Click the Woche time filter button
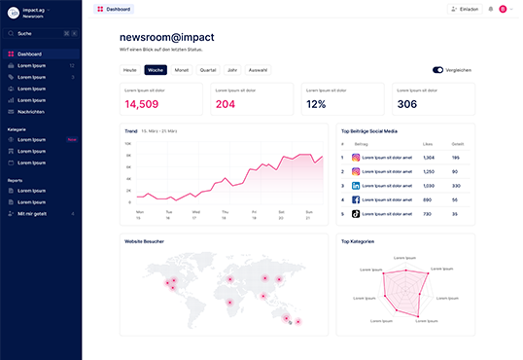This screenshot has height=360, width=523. point(156,70)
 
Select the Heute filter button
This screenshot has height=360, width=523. point(129,70)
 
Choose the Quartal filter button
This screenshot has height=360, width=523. point(208,70)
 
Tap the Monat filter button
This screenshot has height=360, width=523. point(182,70)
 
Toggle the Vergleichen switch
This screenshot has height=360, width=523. point(438,70)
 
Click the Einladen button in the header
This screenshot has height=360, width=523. point(465,9)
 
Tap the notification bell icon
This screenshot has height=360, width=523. point(491,9)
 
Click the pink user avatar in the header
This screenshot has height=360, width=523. point(503,9)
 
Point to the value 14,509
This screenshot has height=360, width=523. point(142,104)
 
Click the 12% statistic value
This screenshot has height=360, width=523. point(316,104)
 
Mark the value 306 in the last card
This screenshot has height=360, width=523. point(407,104)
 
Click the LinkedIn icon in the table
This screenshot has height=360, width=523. point(356,185)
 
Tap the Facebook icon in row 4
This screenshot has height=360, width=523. point(356,199)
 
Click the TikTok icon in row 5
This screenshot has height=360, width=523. point(356,213)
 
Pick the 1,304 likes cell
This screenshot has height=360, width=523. point(429,158)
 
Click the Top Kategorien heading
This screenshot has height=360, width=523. point(358,241)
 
